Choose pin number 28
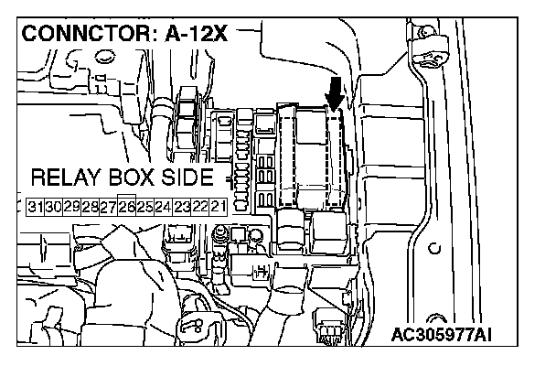[90, 207]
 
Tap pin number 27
[108, 207]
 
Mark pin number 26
[126, 207]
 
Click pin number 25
[144, 207]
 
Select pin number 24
[162, 207]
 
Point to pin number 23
[180, 207]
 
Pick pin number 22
[198, 207]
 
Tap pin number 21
[216, 207]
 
